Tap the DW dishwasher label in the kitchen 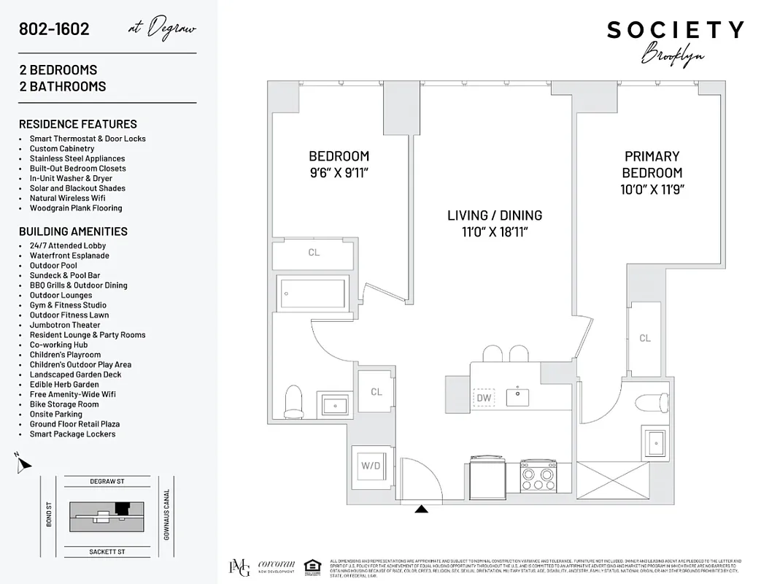[483, 398]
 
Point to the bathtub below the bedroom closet [314, 294]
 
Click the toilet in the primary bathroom [649, 403]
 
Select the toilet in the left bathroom [293, 401]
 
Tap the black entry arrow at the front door [421, 509]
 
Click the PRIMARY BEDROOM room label [652, 164]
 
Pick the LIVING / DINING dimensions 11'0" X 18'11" [495, 232]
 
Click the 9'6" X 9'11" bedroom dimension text [339, 173]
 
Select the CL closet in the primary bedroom [645, 338]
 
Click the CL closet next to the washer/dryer [376, 392]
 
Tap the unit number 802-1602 [55, 29]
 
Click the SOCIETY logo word [675, 30]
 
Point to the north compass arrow [23, 463]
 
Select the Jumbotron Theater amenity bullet [65, 325]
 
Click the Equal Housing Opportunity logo [312, 566]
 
